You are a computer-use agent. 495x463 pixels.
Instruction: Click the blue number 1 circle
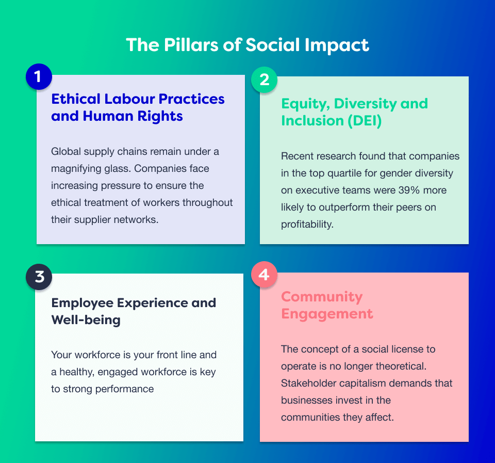click(x=39, y=76)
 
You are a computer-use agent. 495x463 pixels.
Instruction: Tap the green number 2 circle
click(x=264, y=79)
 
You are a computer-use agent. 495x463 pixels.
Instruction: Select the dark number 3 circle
click(x=39, y=277)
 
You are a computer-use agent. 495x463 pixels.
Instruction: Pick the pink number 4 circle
click(x=264, y=274)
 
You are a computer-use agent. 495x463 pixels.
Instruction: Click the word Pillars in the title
click(x=191, y=44)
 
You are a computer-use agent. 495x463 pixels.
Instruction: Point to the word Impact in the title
click(x=337, y=45)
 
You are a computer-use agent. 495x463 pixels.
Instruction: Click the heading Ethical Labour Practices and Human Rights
click(x=138, y=107)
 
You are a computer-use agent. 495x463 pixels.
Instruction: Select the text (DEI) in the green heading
click(x=365, y=121)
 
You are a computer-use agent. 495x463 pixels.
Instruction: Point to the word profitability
click(x=307, y=225)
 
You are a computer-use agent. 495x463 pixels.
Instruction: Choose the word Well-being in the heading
click(x=86, y=320)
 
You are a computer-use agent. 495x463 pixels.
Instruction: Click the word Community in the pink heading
click(x=322, y=297)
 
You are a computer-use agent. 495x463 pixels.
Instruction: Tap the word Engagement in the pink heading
click(x=327, y=314)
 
